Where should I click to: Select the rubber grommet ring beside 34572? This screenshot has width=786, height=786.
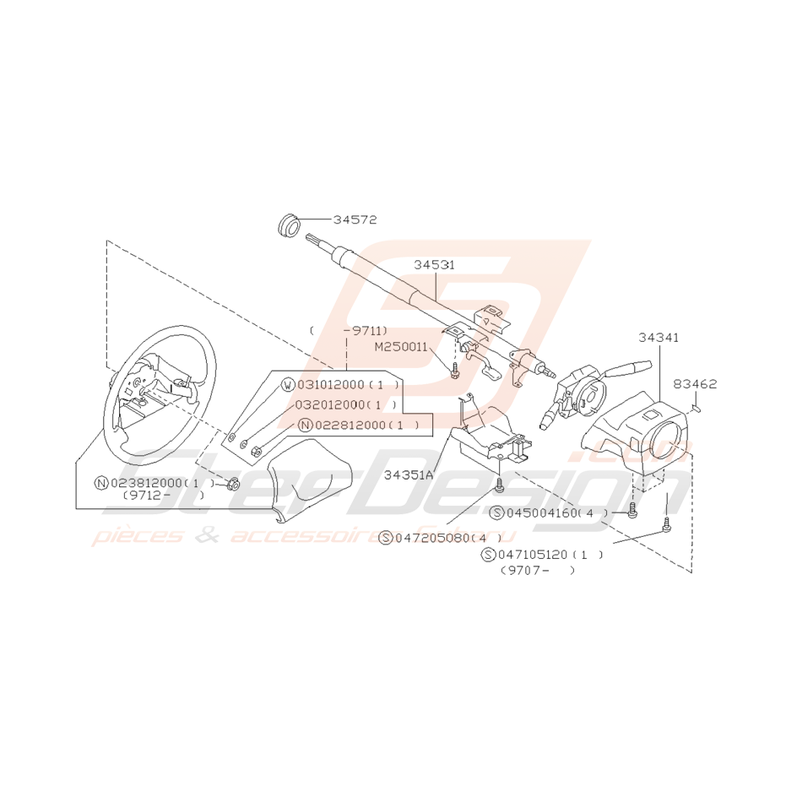coord(290,225)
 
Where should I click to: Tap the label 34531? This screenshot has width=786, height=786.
coord(434,264)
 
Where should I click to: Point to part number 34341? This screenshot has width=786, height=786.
coord(659,337)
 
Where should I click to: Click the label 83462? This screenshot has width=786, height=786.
coord(695,384)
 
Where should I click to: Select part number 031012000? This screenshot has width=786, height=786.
coord(331,385)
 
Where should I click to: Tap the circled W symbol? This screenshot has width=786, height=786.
coord(289,386)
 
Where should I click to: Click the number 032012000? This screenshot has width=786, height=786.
coord(331,404)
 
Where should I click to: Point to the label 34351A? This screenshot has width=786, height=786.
coord(408,474)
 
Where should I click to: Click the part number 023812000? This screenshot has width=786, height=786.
coord(145,483)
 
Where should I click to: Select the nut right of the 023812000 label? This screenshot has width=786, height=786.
coord(234,484)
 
